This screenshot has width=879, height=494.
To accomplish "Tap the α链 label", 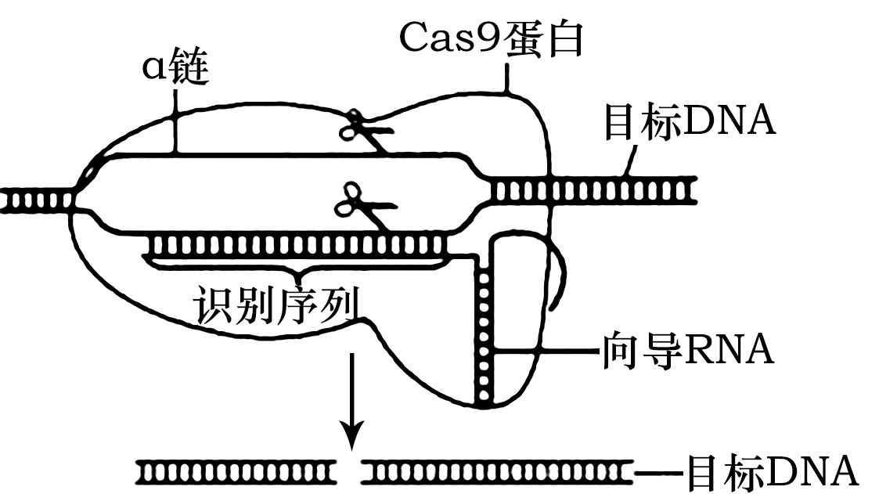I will [175, 70].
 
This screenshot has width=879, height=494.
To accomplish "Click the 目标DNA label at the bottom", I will [771, 473].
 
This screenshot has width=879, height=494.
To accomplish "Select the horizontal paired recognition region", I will [297, 245].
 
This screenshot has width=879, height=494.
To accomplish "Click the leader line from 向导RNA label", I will [548, 352].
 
